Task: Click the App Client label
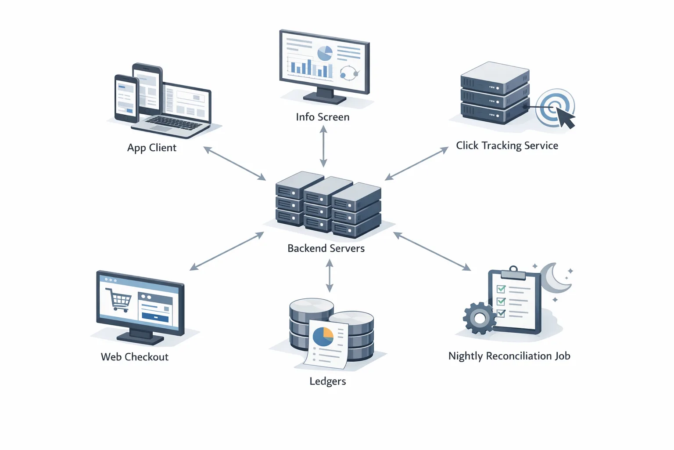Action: [151, 148]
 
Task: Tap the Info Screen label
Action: [323, 117]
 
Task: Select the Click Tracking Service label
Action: [507, 145]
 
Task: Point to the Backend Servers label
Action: [326, 248]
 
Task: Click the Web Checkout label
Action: [134, 357]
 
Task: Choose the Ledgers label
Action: [327, 381]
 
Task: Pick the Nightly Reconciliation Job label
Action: [509, 356]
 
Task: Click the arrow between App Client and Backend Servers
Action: [235, 163]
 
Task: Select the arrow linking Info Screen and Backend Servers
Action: [323, 146]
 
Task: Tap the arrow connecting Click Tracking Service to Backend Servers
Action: [416, 163]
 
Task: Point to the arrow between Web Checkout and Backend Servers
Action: [227, 251]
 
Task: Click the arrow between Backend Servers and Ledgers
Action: [330, 276]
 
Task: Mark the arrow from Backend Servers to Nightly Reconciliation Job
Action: [432, 251]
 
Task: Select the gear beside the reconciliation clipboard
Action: [479, 318]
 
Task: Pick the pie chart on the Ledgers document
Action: [323, 337]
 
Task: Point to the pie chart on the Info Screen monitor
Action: [325, 53]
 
